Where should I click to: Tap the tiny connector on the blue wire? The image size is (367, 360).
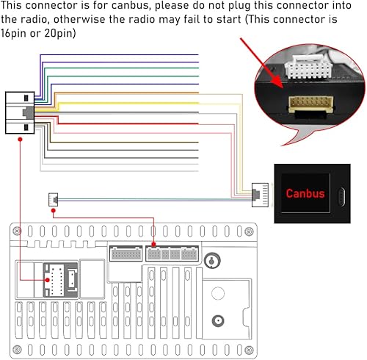pyautogui.click(x=53, y=198)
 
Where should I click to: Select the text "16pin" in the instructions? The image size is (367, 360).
pyautogui.click(x=16, y=34)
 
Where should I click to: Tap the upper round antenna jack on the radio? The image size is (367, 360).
pyautogui.click(x=214, y=261)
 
